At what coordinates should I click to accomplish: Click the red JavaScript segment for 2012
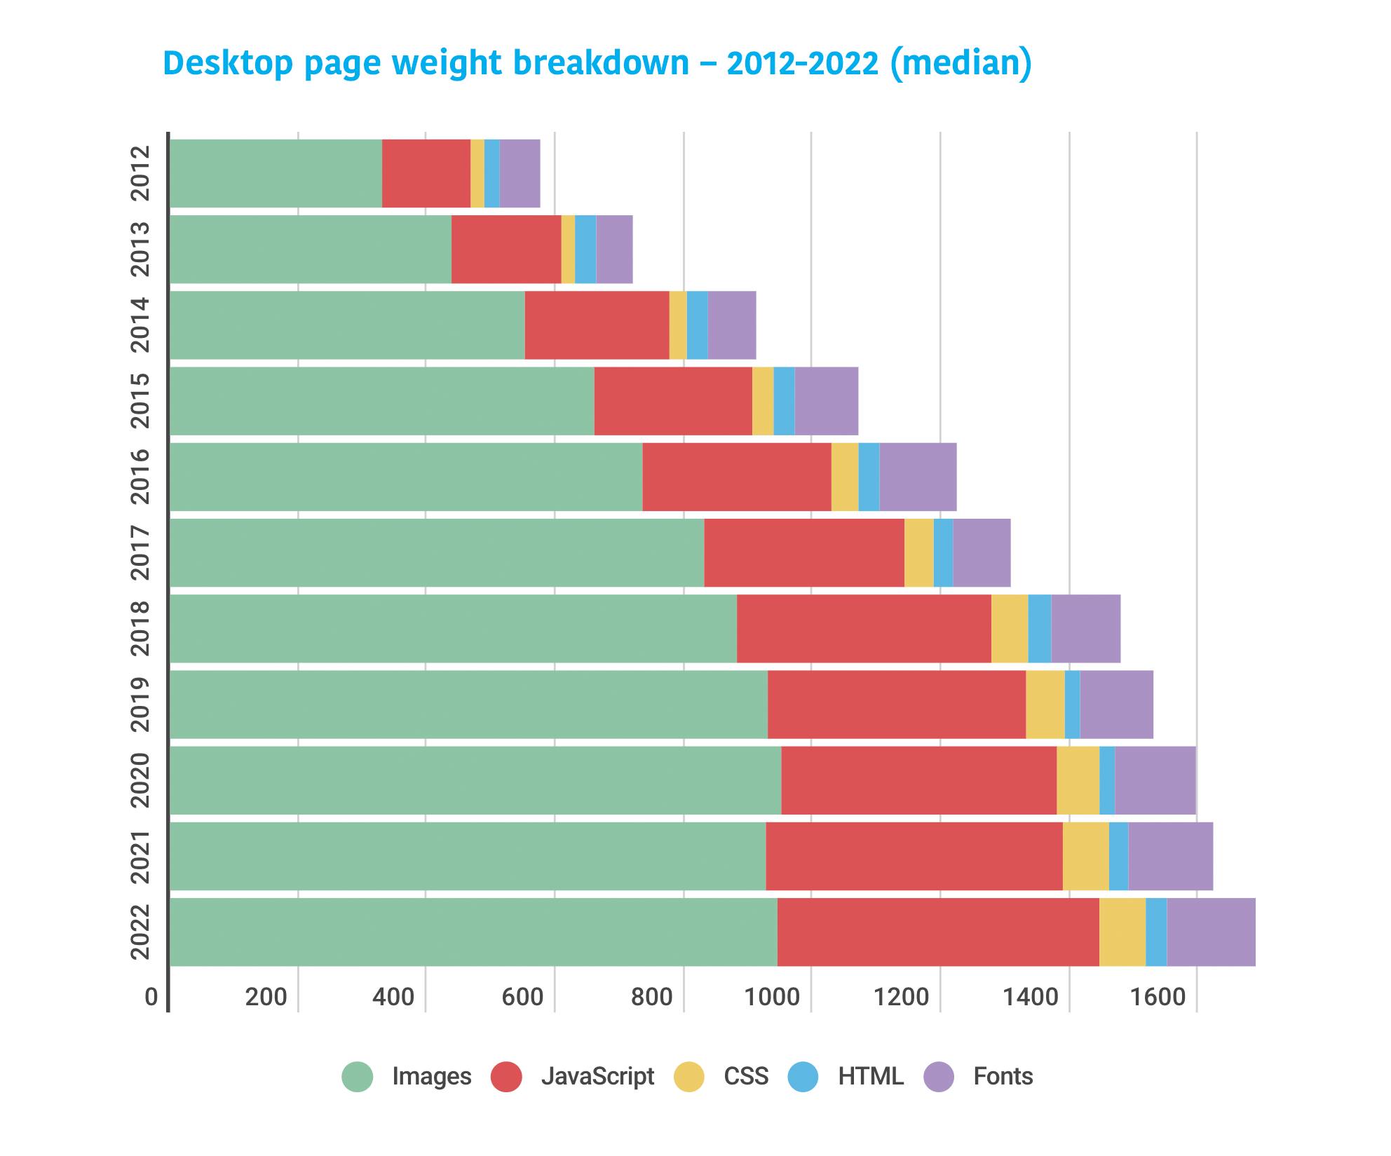tap(426, 173)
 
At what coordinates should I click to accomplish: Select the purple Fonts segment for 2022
tap(1210, 932)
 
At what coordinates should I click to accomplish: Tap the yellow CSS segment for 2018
tap(1009, 628)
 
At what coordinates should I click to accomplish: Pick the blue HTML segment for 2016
tap(868, 477)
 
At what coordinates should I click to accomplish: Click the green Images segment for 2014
tap(347, 325)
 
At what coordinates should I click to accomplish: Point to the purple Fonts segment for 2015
tap(825, 401)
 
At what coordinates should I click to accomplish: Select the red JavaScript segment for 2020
tap(918, 780)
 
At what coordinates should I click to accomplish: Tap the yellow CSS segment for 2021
tap(1085, 856)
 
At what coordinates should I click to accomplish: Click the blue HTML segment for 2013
tap(585, 249)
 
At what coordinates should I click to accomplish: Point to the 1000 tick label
tap(772, 997)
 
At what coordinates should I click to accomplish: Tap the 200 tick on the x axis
tap(266, 997)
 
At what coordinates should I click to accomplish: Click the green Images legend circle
tap(357, 1076)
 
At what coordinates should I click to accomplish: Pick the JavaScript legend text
tap(597, 1076)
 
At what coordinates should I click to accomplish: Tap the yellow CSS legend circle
tap(688, 1076)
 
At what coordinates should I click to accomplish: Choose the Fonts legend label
tap(1003, 1076)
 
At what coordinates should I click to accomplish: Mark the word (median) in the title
tap(961, 64)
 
